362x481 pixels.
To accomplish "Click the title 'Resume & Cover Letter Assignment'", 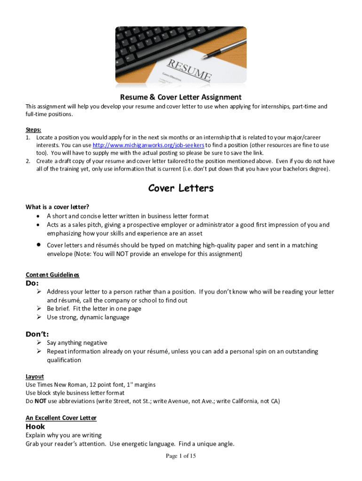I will pos(181,97).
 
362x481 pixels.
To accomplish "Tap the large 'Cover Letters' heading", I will pos(181,188).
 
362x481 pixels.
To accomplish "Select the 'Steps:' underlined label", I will pos(33,130).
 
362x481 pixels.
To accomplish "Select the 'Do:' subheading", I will pos(32,283).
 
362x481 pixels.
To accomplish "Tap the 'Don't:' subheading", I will pos(37,334).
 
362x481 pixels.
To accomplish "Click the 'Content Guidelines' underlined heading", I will pos(52,275).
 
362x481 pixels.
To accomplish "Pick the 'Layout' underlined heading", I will pos(34,376).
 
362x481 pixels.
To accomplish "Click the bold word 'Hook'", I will pos(35,427).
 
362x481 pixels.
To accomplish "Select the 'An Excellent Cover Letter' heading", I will pos(61,418).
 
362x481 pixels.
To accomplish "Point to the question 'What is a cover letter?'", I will pos(57,207).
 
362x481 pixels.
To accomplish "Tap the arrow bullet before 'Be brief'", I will pos(40,309).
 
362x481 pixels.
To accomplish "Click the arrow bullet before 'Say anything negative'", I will pos(40,343).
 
